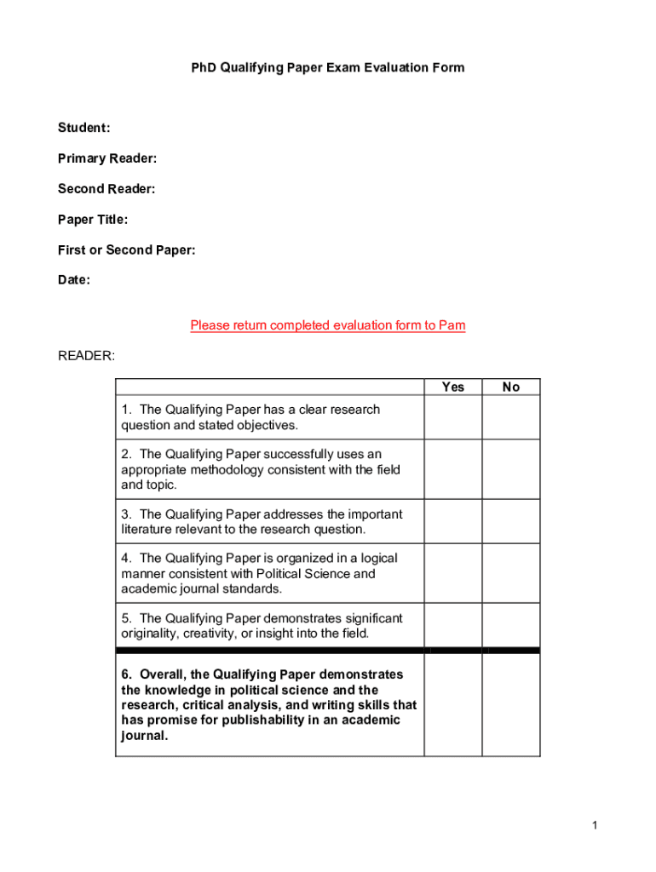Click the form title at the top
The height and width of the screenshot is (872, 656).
click(328, 67)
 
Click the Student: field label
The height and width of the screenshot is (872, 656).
click(83, 128)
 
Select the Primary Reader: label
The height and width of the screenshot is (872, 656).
click(107, 158)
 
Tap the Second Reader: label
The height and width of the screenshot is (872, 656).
click(106, 189)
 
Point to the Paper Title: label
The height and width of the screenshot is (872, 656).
click(93, 220)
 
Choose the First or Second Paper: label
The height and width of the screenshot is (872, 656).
click(126, 250)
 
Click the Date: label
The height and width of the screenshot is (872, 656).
click(74, 280)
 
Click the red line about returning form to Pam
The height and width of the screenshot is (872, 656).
click(328, 325)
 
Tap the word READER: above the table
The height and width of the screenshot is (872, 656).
click(86, 355)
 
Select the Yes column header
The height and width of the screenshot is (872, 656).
click(453, 387)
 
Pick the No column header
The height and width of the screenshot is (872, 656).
click(511, 387)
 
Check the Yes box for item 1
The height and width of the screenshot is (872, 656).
click(453, 417)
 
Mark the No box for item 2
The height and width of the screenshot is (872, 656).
click(511, 469)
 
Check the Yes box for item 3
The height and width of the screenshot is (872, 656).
click(453, 521)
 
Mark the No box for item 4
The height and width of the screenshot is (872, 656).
click(511, 573)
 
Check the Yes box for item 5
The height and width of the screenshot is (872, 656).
click(453, 625)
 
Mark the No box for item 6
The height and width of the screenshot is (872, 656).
click(511, 704)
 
